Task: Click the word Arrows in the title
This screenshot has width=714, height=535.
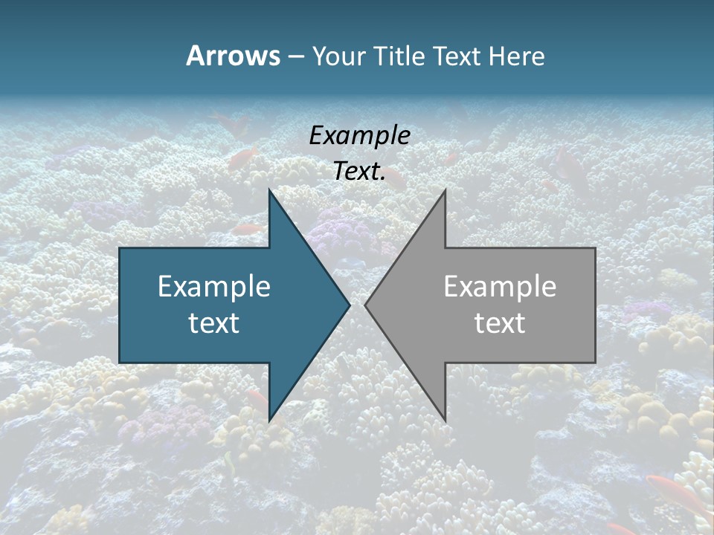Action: [233, 56]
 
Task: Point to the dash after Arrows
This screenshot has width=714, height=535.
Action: [295, 56]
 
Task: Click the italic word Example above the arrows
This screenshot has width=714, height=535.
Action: [359, 135]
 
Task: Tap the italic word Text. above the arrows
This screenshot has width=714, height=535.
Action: [359, 171]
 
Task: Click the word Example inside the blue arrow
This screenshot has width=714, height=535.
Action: [214, 286]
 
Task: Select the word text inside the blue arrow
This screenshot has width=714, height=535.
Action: [214, 323]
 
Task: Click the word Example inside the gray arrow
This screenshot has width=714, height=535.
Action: [500, 286]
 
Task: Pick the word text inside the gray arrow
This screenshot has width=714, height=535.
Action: [500, 323]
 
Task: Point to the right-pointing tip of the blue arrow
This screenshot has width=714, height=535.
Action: [349, 305]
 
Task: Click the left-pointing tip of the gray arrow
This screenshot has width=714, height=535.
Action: [366, 305]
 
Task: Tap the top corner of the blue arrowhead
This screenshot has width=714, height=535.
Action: [269, 190]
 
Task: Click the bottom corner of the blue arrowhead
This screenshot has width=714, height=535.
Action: [269, 421]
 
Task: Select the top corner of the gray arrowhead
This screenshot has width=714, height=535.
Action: [445, 191]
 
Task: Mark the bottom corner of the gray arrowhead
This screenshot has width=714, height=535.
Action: [445, 421]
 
